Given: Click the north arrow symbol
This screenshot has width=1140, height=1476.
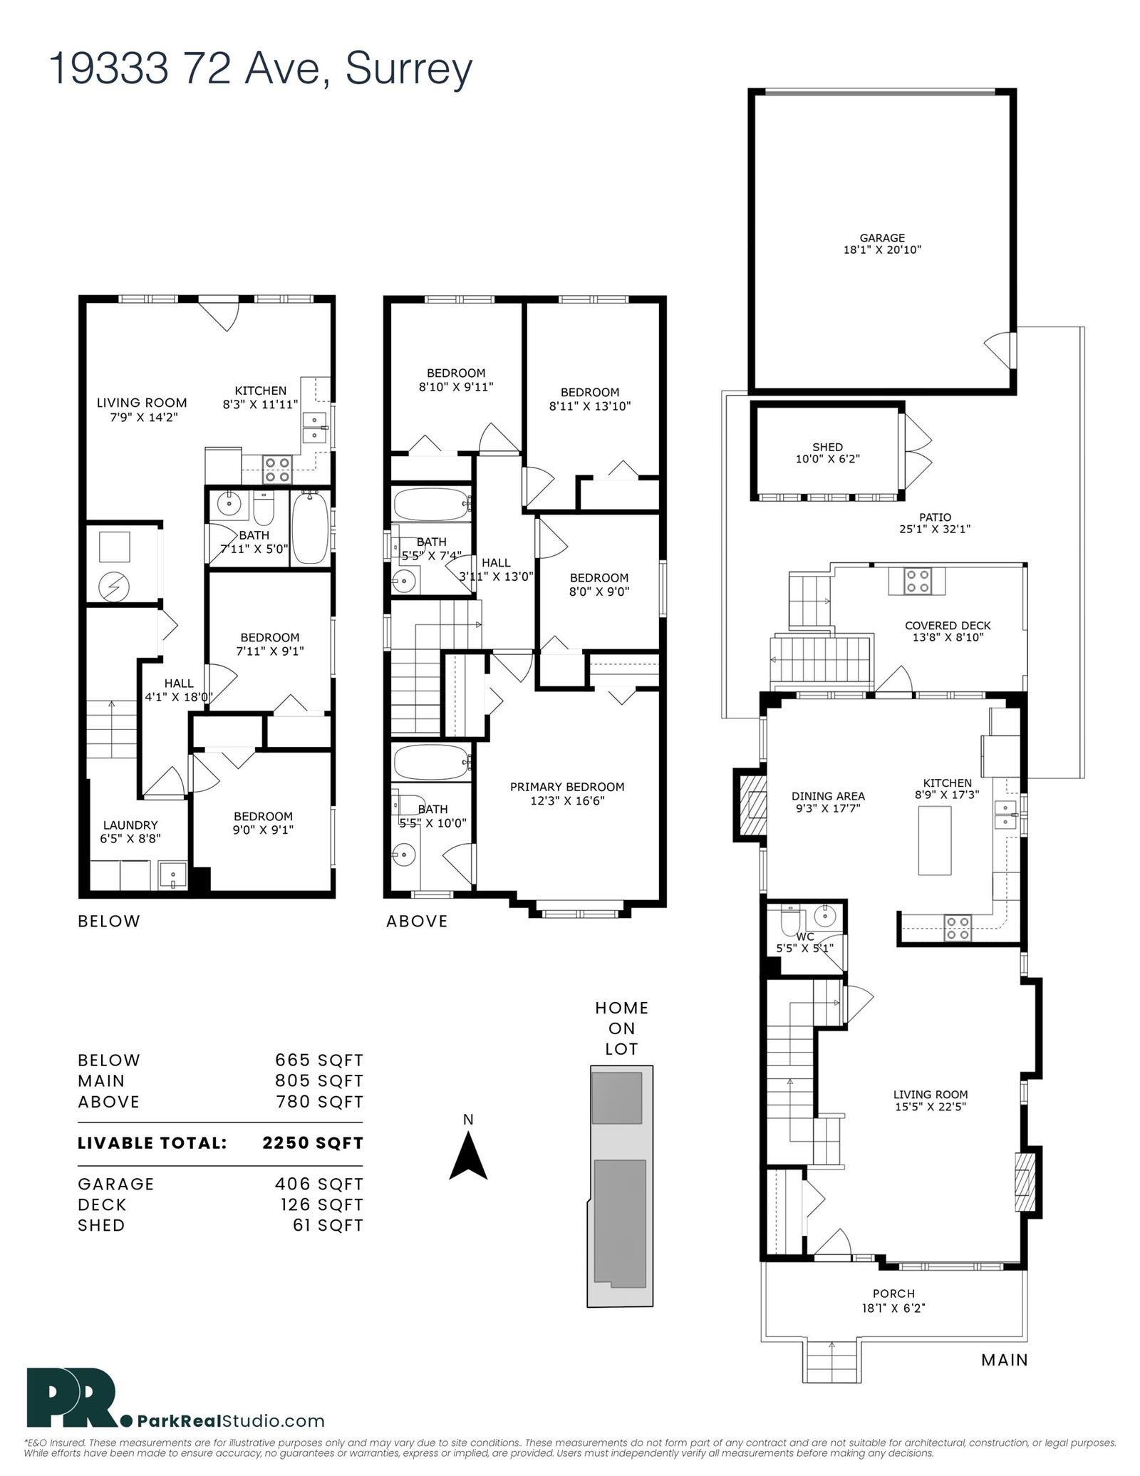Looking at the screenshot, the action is point(468,1157).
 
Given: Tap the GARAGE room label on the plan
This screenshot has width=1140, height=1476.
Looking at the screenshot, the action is point(882,238).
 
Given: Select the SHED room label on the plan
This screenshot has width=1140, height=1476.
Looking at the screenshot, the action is point(827,447).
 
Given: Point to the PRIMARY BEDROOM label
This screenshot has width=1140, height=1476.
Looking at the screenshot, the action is point(567,787).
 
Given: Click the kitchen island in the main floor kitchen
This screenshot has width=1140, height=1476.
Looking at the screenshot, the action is point(934,840).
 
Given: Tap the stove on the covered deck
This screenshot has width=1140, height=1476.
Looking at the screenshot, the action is point(917,581).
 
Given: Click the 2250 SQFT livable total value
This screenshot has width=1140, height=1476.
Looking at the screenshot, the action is point(313,1143).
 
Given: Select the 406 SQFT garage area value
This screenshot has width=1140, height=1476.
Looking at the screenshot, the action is point(319,1184).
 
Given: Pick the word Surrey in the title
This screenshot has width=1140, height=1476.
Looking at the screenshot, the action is point(409,70).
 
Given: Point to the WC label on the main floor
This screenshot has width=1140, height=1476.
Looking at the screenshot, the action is point(805,936).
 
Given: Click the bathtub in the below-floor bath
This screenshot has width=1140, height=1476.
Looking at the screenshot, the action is point(310,527).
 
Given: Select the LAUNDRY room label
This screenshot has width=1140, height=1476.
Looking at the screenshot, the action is point(130,825).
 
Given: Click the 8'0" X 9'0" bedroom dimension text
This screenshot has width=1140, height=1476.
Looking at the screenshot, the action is point(598,591).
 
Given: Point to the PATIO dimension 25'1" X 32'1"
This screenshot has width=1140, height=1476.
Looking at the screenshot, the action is point(936,529).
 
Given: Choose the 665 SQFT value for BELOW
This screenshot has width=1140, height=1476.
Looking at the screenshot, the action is point(319,1060).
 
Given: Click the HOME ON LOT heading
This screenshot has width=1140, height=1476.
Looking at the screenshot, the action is point(622,1028).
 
